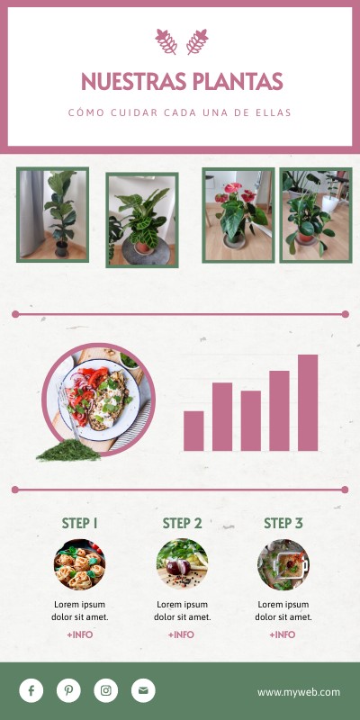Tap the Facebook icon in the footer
tap(31, 690)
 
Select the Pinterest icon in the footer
tap(68, 690)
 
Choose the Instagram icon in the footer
tap(106, 690)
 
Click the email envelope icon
tap(143, 690)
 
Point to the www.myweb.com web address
tap(299, 692)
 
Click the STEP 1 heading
tap(79, 523)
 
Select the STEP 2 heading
tap(182, 523)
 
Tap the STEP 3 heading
tap(283, 523)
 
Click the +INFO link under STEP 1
tap(79, 634)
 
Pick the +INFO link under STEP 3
tap(283, 634)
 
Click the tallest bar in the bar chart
tap(308, 402)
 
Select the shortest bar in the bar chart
tap(193, 430)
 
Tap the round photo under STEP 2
tap(182, 564)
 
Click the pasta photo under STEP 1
tap(79, 564)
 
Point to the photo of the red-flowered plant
tap(238, 214)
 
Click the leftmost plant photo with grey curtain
tap(53, 214)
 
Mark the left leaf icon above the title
tap(166, 40)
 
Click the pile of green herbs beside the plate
tap(68, 449)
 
